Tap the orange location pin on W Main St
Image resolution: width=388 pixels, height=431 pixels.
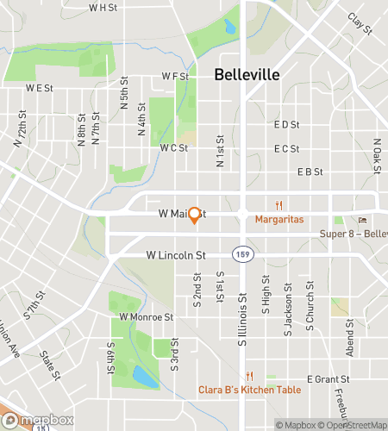pyautogui.click(x=195, y=215)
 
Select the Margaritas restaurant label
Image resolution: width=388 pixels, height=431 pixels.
pyautogui.click(x=279, y=220)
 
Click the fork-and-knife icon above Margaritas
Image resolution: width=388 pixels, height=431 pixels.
pyautogui.click(x=278, y=205)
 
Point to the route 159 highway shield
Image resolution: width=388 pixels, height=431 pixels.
pyautogui.click(x=241, y=255)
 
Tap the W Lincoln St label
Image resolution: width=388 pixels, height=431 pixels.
pyautogui.click(x=176, y=255)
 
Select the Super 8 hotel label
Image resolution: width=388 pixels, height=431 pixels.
pyautogui.click(x=354, y=234)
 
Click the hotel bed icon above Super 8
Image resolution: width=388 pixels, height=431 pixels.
pyautogui.click(x=363, y=220)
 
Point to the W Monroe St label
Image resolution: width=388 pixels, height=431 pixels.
pyautogui.click(x=147, y=316)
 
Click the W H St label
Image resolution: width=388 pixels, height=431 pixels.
pyautogui.click(x=103, y=7)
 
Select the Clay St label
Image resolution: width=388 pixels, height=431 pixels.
pyautogui.click(x=360, y=24)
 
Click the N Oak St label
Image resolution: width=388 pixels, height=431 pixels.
pyautogui.click(x=377, y=156)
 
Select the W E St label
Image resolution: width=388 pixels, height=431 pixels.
pyautogui.click(x=39, y=88)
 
